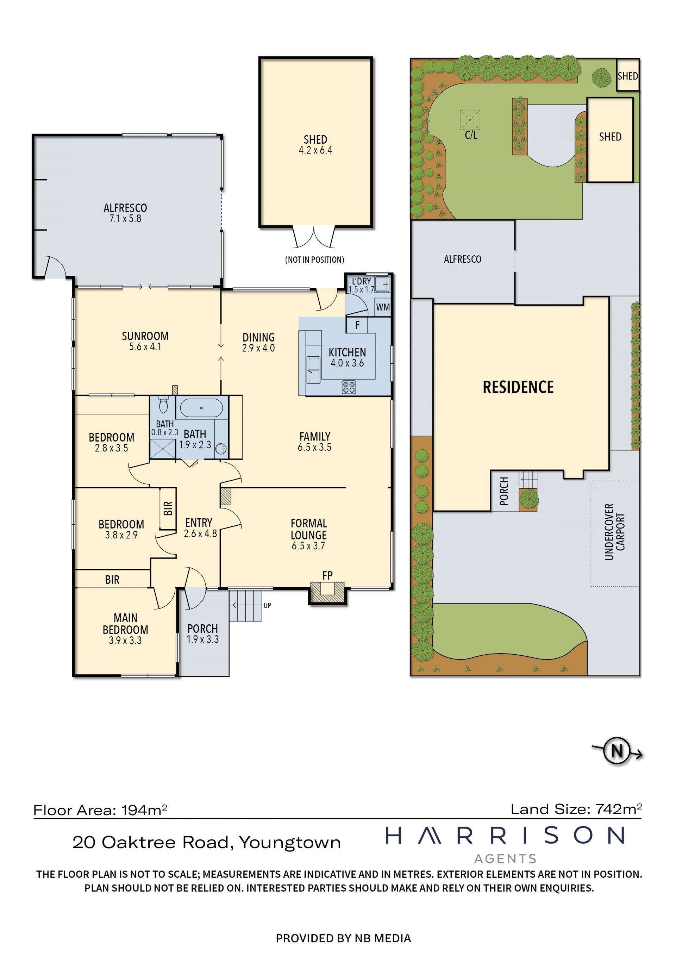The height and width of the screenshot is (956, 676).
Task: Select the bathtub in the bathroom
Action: (x=201, y=408)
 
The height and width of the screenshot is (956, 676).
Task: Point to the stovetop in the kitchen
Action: (x=349, y=387)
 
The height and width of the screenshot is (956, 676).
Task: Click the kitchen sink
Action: (x=313, y=369)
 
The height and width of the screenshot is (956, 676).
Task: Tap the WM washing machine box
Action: (x=383, y=307)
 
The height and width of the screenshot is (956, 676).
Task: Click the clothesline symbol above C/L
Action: (x=470, y=120)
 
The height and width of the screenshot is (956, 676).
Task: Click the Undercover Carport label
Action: (x=615, y=532)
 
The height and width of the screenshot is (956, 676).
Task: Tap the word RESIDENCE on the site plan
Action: (x=518, y=387)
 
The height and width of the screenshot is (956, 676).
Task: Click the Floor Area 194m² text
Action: (x=100, y=810)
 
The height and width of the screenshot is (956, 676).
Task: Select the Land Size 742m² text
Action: (x=576, y=809)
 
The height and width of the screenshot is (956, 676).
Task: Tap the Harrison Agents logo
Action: (x=505, y=846)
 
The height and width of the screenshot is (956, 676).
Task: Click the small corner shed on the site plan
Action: (x=627, y=75)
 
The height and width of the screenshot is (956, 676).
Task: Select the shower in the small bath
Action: (x=163, y=449)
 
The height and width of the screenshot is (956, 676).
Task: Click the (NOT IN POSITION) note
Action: (x=315, y=260)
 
